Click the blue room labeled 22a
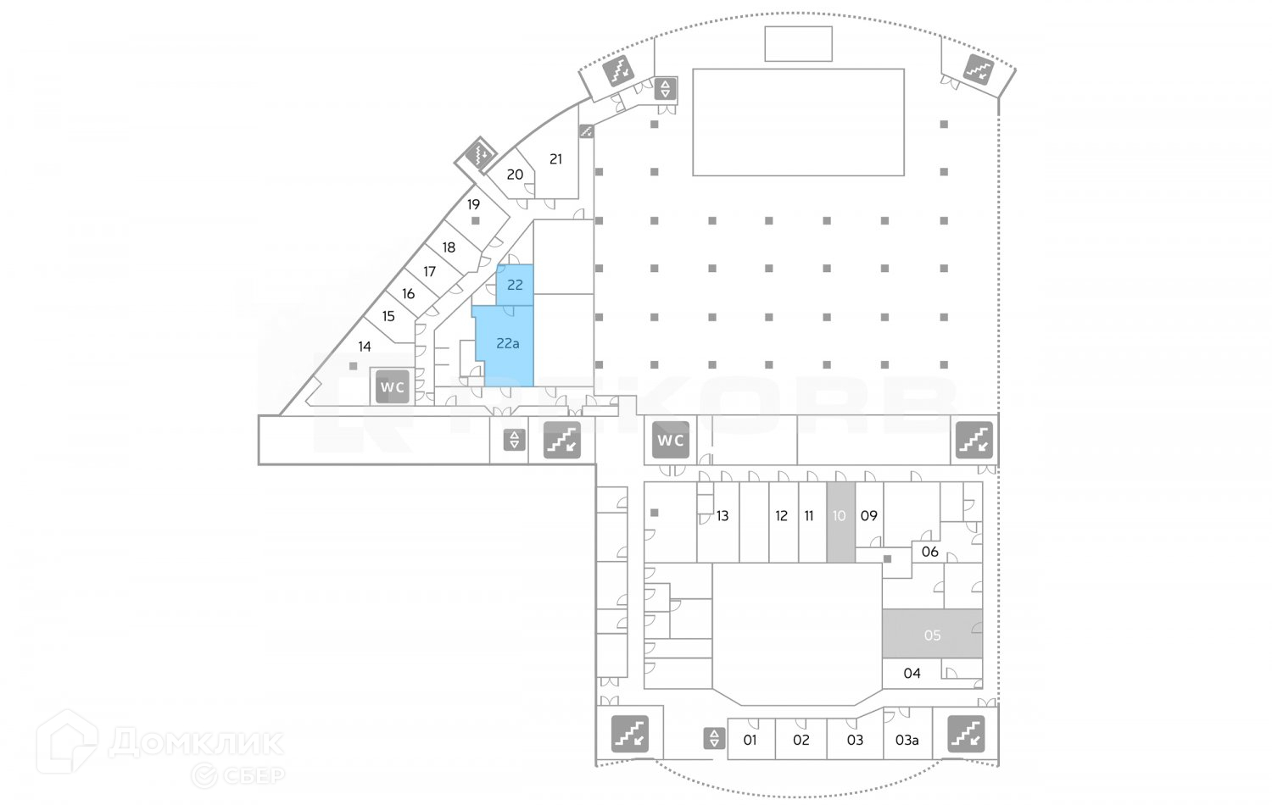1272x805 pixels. tap(507, 344)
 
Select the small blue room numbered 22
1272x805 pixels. tap(515, 285)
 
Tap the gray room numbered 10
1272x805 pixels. tap(840, 516)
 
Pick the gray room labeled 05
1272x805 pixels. tap(932, 635)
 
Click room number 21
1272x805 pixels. tap(556, 159)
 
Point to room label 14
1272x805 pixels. tap(365, 347)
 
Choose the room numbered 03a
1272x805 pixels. tap(907, 740)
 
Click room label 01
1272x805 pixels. tap(750, 740)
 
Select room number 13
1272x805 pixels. tap(722, 516)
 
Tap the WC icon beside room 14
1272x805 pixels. tap(393, 387)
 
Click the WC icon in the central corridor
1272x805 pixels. tap(671, 440)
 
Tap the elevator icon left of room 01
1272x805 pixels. tap(714, 738)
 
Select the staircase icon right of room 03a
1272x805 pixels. tap(965, 735)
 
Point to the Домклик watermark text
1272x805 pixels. tap(196, 743)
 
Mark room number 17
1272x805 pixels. tap(430, 272)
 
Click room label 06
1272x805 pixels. tap(930, 552)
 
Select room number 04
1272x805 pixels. tap(912, 674)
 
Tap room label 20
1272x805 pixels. tap(515, 175)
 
